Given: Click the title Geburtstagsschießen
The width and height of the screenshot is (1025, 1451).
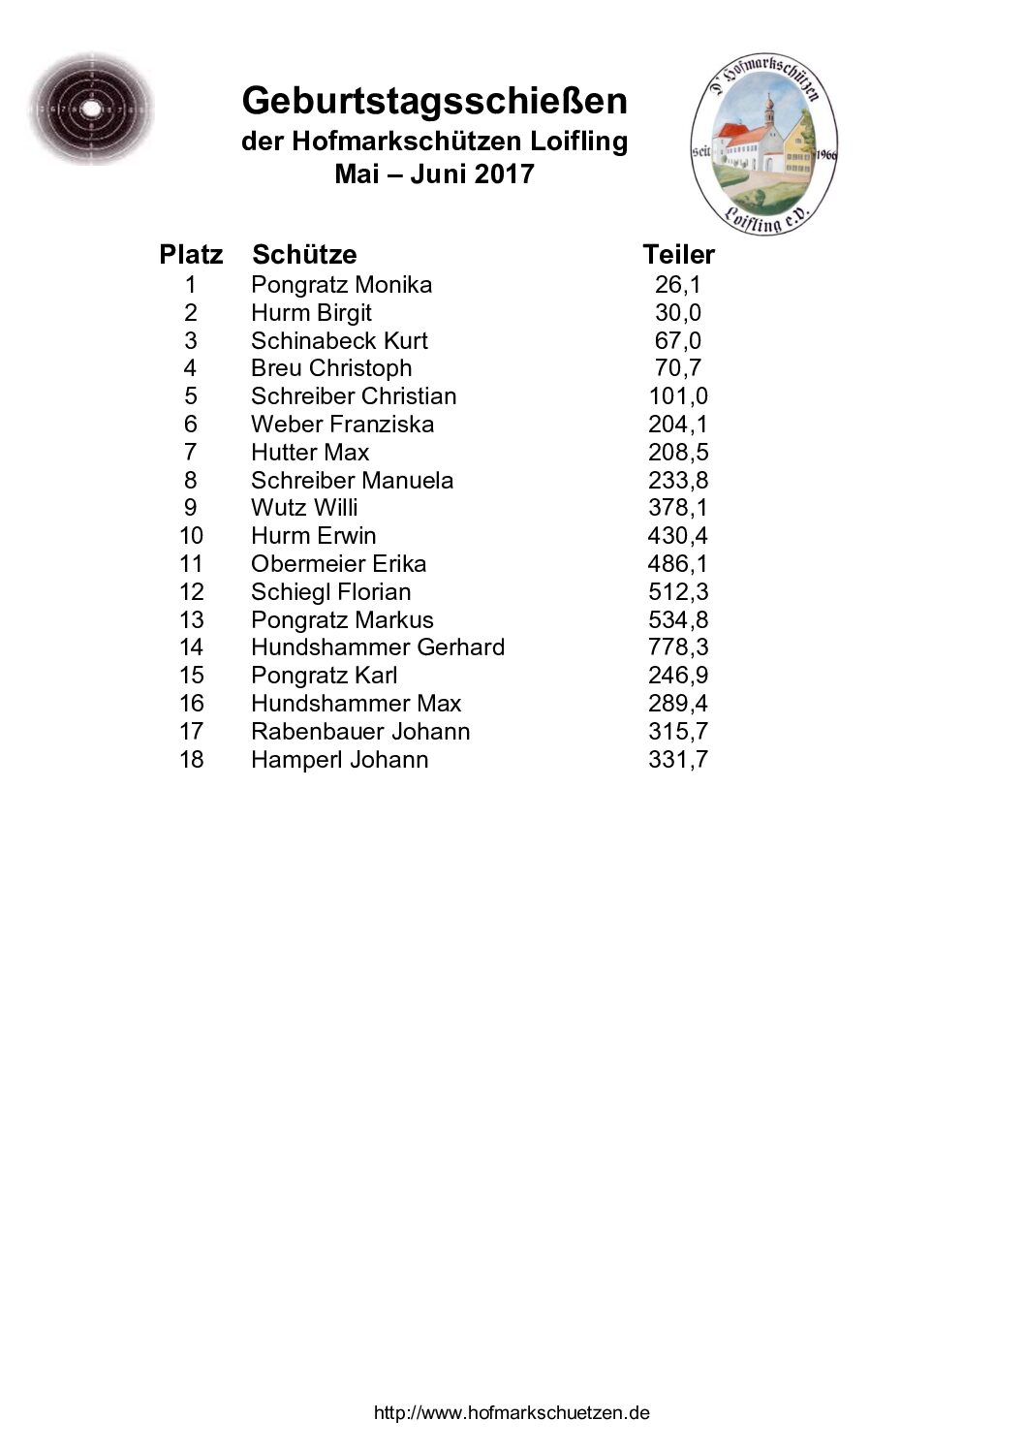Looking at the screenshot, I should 434,102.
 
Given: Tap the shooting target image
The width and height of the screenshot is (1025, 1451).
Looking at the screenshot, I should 90,110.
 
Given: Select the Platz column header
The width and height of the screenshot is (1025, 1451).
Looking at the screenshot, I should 191,255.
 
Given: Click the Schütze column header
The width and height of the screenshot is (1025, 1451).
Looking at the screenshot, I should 304,255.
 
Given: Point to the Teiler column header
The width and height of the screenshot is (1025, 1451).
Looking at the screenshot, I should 678,255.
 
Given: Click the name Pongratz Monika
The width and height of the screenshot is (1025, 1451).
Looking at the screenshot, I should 341,285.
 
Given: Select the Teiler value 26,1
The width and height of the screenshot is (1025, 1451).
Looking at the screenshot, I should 677,285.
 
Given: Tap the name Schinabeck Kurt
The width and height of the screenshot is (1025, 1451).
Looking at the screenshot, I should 339,341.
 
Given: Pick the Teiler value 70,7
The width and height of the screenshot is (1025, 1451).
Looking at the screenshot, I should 677,368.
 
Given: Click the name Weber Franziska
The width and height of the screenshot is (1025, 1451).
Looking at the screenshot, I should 342,425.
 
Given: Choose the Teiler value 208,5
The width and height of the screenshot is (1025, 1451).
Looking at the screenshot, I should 677,453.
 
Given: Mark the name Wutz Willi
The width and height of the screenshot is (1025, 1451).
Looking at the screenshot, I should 304,508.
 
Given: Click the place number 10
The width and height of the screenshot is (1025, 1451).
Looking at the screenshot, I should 191,536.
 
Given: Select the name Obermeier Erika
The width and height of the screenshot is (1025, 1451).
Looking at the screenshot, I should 338,564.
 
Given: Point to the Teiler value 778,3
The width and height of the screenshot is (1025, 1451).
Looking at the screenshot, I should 677,647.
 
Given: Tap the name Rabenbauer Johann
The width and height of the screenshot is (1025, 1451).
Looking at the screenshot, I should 360,732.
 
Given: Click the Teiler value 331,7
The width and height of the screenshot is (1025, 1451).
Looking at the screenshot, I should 677,760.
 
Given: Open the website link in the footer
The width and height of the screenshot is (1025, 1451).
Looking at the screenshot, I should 512,1413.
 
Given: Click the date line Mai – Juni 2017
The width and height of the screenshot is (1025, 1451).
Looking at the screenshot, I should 434,174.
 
